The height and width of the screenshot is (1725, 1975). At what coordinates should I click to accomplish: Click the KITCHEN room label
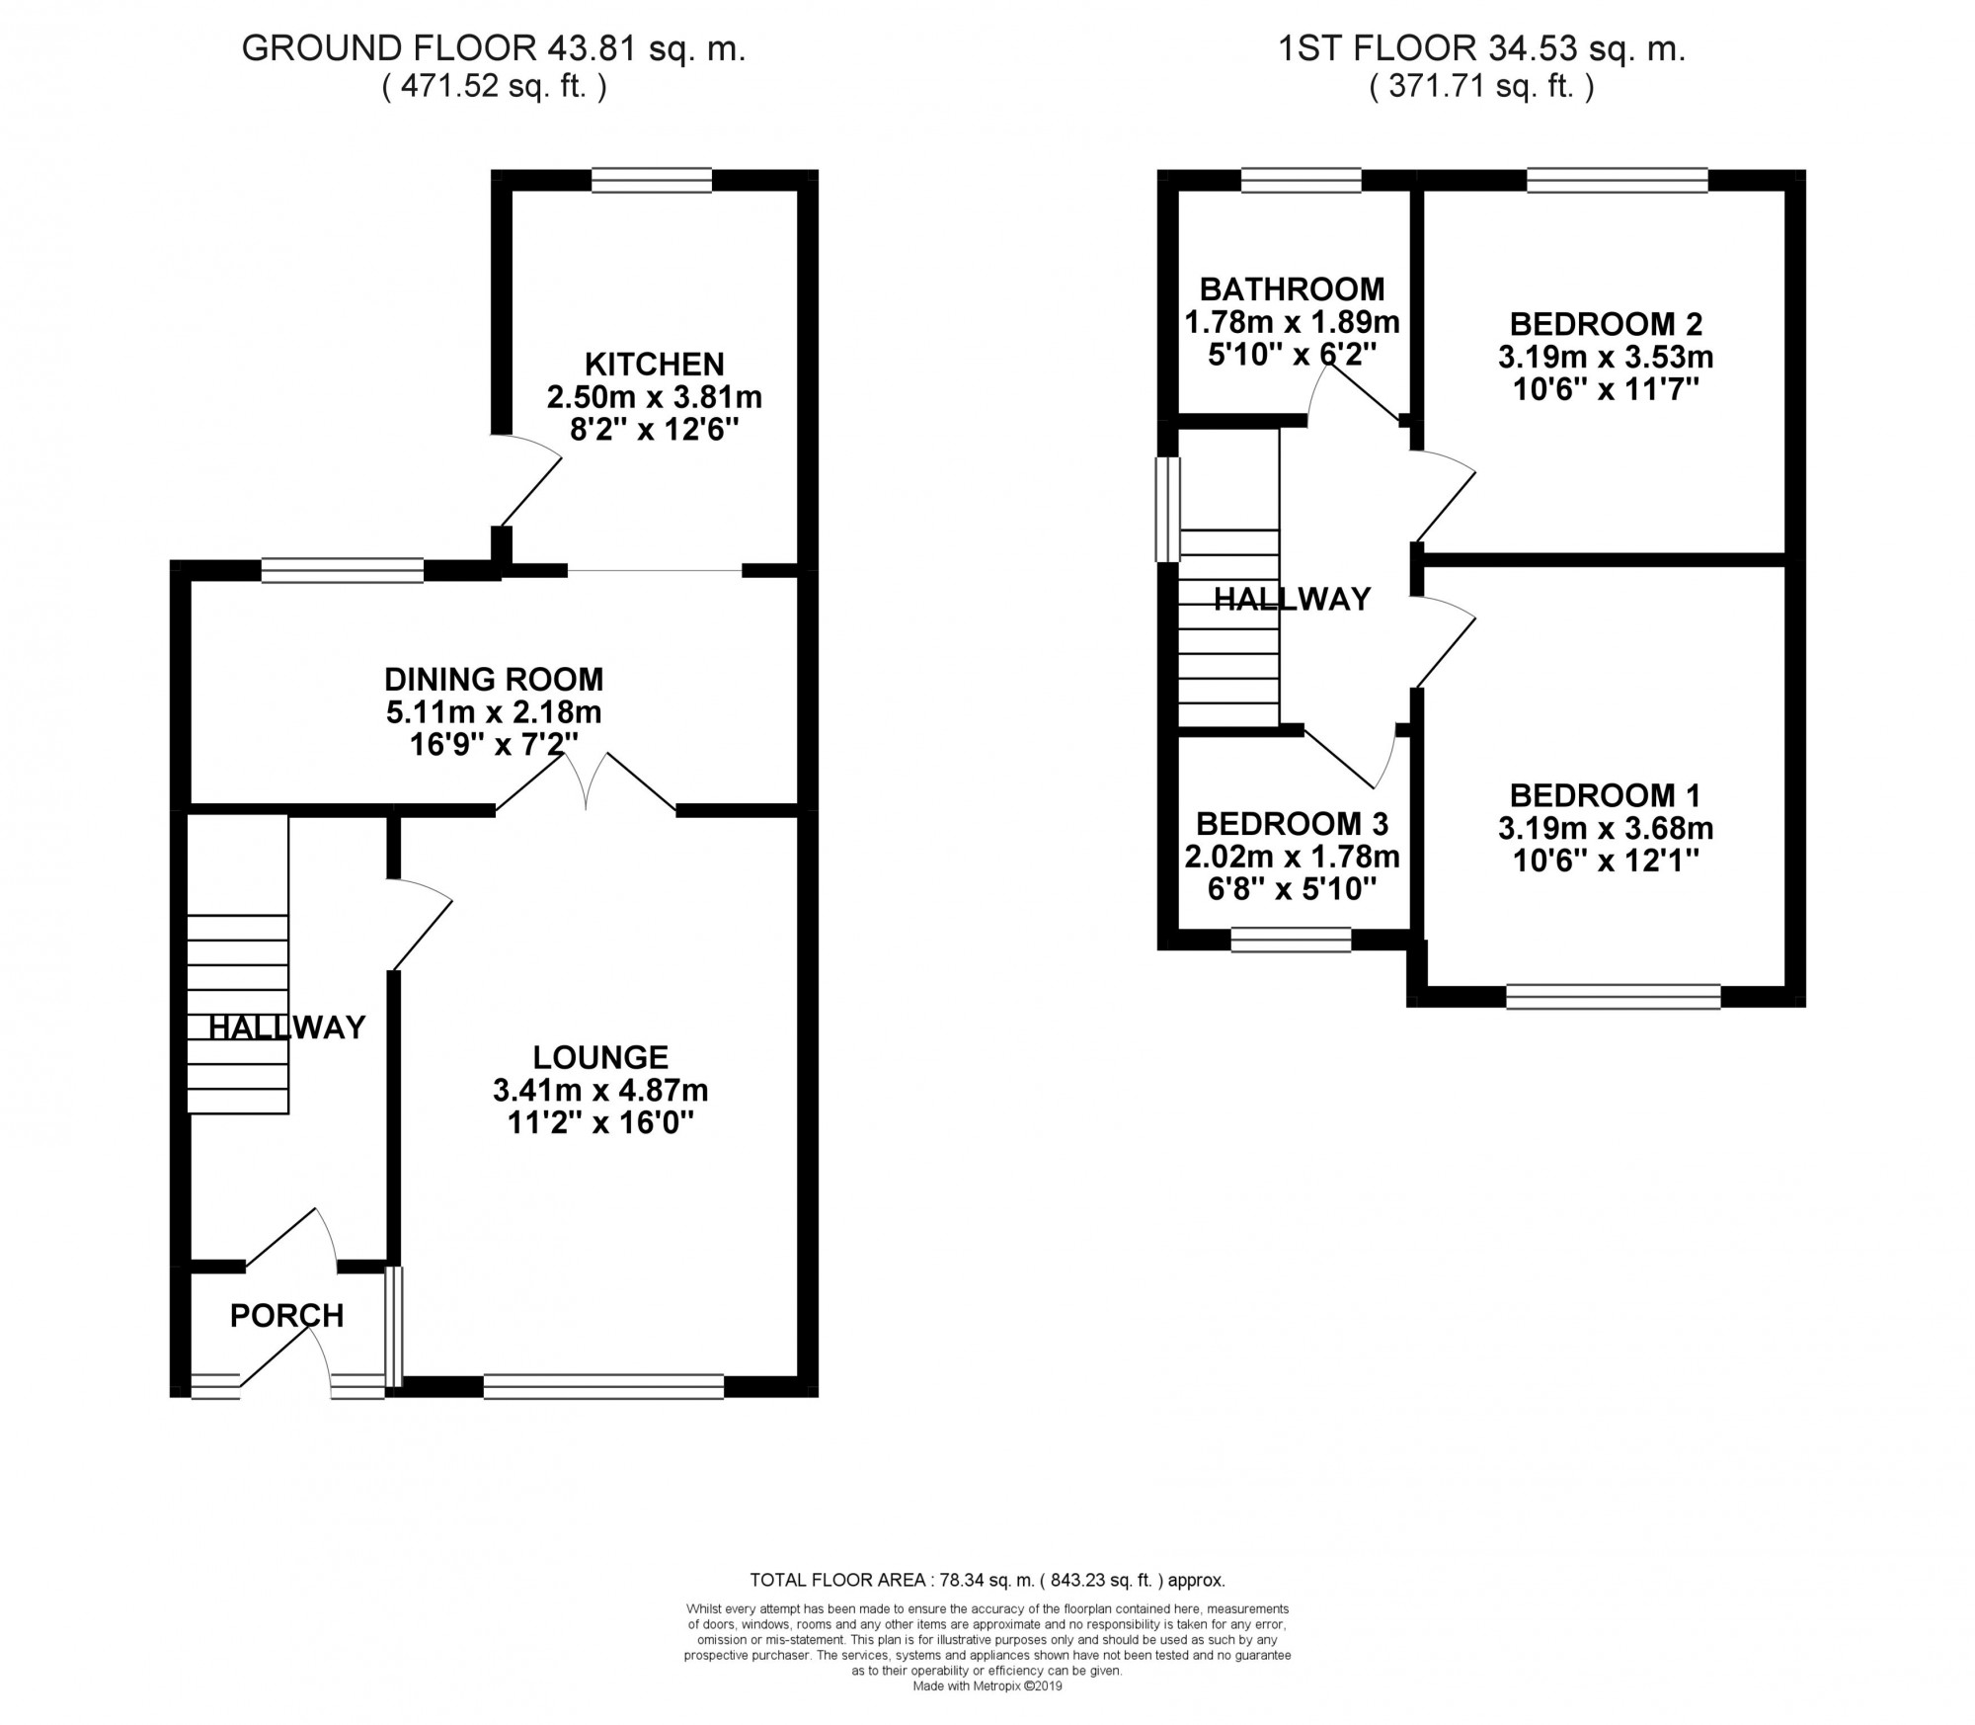(655, 364)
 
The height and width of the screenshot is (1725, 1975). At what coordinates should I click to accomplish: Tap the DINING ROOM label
(494, 679)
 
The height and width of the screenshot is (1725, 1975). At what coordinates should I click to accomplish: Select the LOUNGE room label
(600, 1057)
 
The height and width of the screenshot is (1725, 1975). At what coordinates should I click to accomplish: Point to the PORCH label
(287, 1315)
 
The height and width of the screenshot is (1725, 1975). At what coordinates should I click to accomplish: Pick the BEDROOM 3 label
(1292, 824)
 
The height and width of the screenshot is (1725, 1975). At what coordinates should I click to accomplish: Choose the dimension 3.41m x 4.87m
(600, 1091)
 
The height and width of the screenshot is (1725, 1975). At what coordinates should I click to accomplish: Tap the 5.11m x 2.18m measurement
(494, 712)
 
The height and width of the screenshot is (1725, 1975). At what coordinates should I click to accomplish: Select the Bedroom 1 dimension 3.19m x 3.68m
(1606, 828)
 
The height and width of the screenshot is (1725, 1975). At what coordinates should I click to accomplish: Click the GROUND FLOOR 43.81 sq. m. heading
(494, 49)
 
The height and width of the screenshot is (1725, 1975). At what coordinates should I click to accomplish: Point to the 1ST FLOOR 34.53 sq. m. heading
(1482, 49)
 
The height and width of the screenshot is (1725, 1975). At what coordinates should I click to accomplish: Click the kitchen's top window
(652, 180)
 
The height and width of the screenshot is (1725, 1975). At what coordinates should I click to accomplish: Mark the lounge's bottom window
(603, 1386)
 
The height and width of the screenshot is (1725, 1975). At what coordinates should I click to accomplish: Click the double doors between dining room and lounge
(587, 780)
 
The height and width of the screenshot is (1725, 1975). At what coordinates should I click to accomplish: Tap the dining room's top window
(343, 569)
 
